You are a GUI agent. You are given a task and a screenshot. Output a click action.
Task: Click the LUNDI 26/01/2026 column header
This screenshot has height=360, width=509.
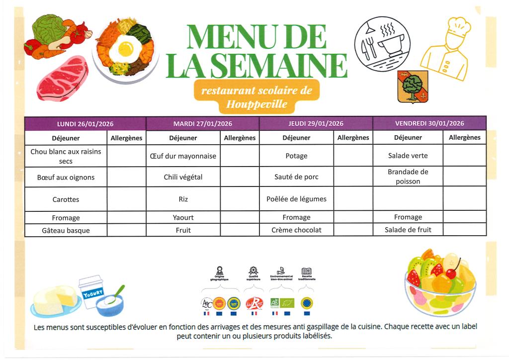click(85, 124)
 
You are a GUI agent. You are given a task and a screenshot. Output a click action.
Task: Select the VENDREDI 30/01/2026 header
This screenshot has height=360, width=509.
click(429, 123)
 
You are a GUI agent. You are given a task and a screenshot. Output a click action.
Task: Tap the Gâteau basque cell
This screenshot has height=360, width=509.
click(66, 230)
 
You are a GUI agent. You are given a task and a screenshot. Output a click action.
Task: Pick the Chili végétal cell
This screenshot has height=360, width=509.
click(183, 177)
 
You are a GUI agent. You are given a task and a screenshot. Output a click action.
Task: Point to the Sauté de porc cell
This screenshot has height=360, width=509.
click(296, 177)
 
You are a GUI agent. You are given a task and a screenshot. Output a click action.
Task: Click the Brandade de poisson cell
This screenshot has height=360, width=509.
click(408, 177)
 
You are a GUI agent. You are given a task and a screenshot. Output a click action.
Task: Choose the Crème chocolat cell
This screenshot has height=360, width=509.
click(296, 230)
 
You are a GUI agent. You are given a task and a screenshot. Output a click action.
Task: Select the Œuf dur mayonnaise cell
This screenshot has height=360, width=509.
click(183, 156)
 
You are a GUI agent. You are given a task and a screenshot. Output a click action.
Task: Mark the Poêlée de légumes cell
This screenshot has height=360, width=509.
click(296, 199)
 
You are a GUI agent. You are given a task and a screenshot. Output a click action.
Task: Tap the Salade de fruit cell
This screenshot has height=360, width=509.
click(408, 230)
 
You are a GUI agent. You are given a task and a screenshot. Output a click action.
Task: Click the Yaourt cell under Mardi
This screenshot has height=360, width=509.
click(183, 217)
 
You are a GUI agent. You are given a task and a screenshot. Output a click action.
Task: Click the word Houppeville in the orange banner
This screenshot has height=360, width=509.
click(256, 104)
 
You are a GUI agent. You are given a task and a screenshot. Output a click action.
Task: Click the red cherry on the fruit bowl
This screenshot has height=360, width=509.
click(452, 272)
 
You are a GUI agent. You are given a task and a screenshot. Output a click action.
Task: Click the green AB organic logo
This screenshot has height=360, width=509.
click(274, 303)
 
